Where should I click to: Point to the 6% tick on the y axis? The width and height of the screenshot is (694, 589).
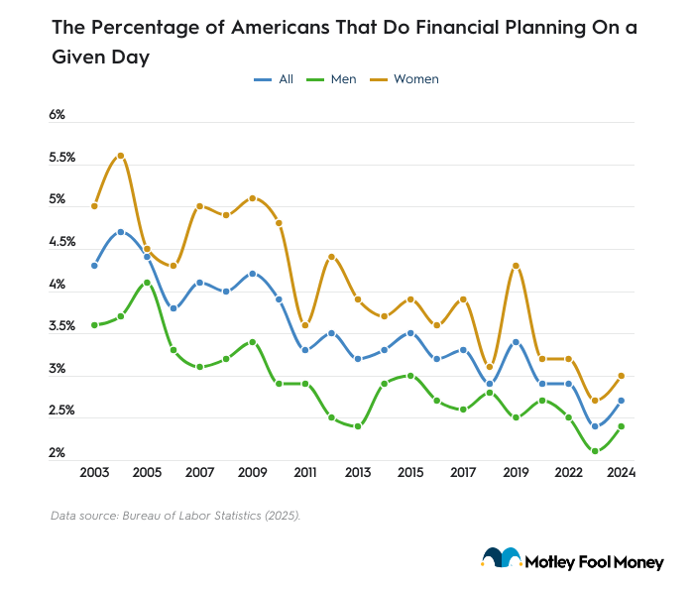click(57, 115)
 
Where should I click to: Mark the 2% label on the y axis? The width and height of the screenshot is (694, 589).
click(57, 453)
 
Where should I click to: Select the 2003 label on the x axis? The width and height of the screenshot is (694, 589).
click(94, 473)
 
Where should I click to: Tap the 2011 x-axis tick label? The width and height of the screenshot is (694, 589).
click(305, 473)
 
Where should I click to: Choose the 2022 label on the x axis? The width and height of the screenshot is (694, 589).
click(568, 473)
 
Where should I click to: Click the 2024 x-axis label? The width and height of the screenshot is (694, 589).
click(621, 473)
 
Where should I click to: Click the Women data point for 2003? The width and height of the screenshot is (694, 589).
click(94, 206)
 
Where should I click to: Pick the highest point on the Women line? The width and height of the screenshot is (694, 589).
click(121, 156)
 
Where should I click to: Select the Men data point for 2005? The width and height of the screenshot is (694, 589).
click(147, 283)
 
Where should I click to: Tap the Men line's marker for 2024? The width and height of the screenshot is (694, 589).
click(621, 426)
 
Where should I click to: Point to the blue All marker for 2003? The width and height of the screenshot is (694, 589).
click(94, 266)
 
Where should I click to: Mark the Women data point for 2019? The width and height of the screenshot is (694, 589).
click(516, 266)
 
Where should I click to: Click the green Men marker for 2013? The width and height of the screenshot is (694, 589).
click(358, 426)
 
